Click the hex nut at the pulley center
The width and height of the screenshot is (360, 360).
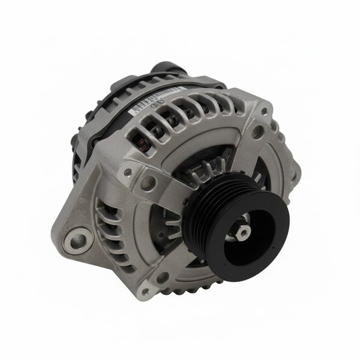(x=244, y=232)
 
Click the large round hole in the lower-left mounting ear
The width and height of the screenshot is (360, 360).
(x=79, y=241)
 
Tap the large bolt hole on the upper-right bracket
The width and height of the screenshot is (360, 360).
(x=257, y=130)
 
